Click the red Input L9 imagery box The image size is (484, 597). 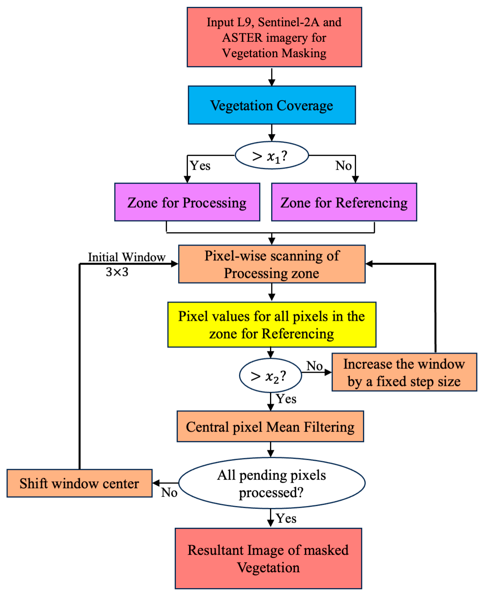pyautogui.click(x=274, y=37)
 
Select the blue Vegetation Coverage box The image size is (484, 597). pyautogui.click(x=271, y=105)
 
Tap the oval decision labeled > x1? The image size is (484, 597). pyautogui.click(x=271, y=155)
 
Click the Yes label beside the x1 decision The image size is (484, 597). pyautogui.click(x=200, y=165)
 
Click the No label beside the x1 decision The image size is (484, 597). pyautogui.click(x=343, y=165)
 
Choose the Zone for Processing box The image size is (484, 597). pyautogui.click(x=187, y=202)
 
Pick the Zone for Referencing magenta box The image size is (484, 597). pyautogui.click(x=344, y=202)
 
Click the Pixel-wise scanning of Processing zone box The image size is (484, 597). pyautogui.click(x=271, y=264)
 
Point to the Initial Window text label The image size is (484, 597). pyautogui.click(x=127, y=257)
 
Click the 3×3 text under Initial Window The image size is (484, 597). pyautogui.click(x=117, y=272)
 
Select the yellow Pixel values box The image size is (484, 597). pyautogui.click(x=271, y=325)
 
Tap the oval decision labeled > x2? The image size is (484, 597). pyautogui.click(x=270, y=376)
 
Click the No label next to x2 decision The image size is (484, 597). pyautogui.click(x=314, y=366)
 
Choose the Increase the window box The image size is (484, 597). pyautogui.click(x=404, y=372)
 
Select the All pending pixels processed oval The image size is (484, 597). pyautogui.click(x=271, y=483)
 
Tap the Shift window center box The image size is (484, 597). pyautogui.click(x=79, y=483)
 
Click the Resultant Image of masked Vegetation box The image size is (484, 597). pyautogui.click(x=268, y=558)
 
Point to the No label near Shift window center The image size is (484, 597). pyautogui.click(x=169, y=492)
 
